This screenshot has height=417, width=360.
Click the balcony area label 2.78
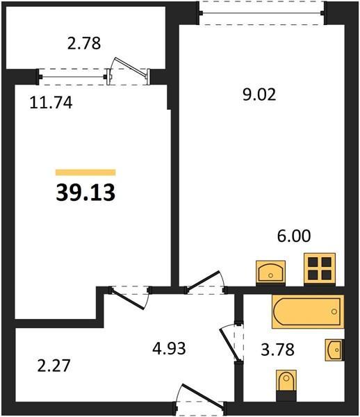click(x=84, y=43)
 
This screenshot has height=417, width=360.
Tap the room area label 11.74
click(x=51, y=102)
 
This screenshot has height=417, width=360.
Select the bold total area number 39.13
click(x=85, y=193)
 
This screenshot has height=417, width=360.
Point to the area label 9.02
click(x=259, y=95)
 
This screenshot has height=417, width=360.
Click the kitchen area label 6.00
click(x=294, y=236)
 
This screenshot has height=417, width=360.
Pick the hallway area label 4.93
click(x=169, y=348)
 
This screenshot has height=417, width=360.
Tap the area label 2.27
click(x=54, y=366)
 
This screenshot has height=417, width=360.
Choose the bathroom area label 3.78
click(x=277, y=350)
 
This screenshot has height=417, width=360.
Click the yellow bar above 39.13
click(x=85, y=172)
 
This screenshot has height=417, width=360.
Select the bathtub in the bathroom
click(x=308, y=311)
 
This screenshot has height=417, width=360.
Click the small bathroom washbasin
click(x=334, y=350)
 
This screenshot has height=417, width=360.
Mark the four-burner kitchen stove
click(x=320, y=269)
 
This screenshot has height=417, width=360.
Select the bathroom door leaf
click(x=230, y=345)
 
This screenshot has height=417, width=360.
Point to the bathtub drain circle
click(x=334, y=311)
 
